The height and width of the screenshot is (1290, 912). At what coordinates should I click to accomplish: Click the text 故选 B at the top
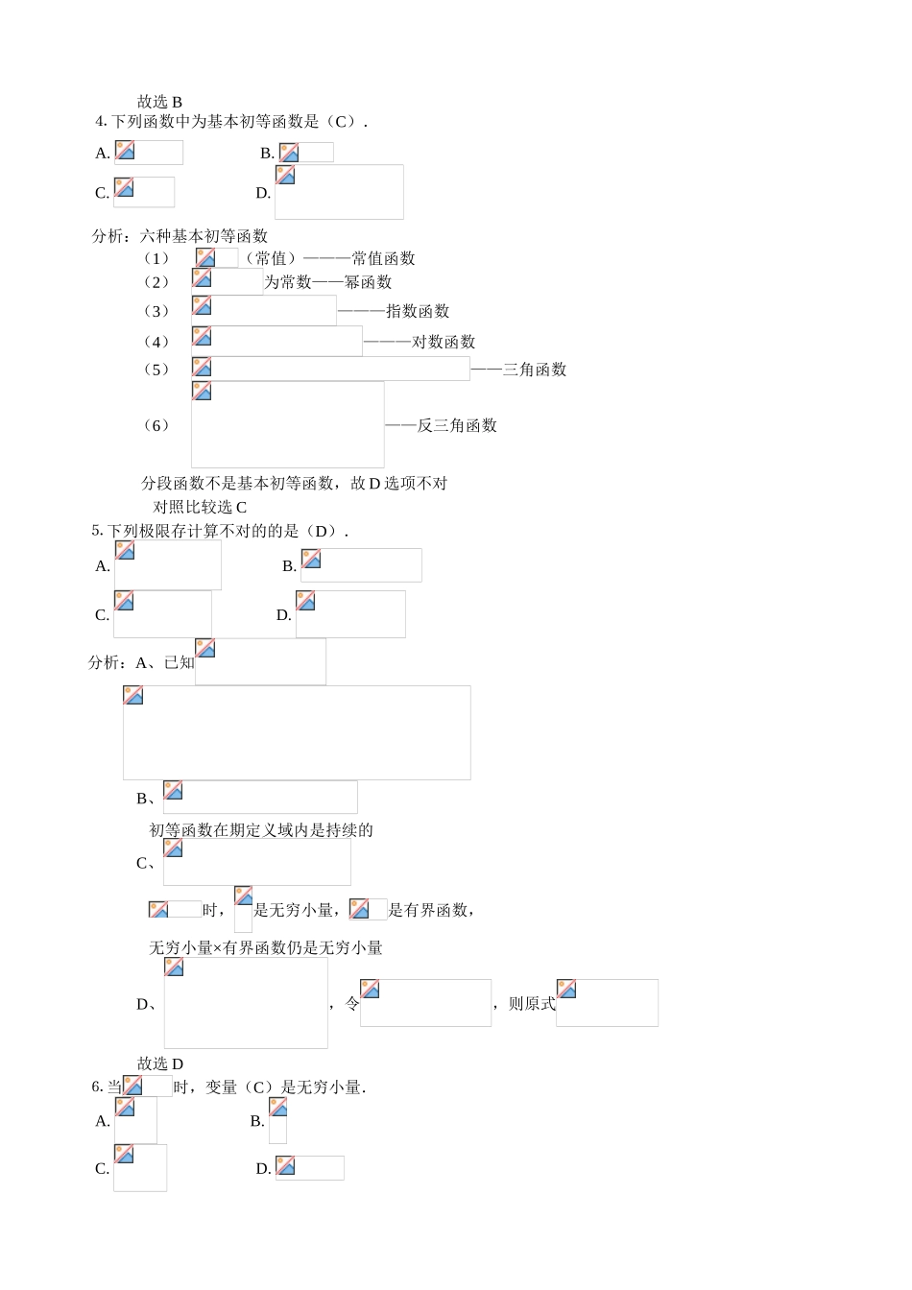coord(159,102)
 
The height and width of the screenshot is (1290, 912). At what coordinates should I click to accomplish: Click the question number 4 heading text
coord(230,122)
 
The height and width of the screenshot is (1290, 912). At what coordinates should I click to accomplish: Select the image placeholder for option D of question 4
coord(339,192)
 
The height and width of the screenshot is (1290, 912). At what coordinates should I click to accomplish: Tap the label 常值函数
coord(383,258)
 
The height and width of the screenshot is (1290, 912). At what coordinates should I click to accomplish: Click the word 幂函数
coord(369,282)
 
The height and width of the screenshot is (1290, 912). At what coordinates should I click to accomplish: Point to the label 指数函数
coord(418,311)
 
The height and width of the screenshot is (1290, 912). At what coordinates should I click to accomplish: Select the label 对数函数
coord(444,342)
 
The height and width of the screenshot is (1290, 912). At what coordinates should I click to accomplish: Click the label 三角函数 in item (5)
coord(535,370)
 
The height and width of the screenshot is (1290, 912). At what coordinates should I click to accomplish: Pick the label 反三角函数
coord(457,425)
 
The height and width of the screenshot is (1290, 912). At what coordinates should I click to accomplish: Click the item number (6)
coord(156,425)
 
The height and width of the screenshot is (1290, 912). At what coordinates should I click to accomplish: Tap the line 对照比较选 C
coord(200,507)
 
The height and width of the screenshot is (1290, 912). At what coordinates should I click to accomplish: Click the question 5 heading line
coord(220,531)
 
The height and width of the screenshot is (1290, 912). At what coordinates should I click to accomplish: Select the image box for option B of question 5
coord(361,565)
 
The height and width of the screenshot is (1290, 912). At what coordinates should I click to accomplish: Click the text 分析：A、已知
coord(141,662)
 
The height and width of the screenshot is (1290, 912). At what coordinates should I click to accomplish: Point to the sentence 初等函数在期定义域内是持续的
coord(261,830)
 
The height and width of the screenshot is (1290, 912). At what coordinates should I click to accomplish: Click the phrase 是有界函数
coord(429,910)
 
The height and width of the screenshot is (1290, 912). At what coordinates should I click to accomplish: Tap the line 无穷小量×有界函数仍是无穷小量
coord(266,948)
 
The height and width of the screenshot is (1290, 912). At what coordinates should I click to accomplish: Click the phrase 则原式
coord(532,1004)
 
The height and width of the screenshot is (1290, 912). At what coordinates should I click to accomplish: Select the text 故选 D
coord(160,1063)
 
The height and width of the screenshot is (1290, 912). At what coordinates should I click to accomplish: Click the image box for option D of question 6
coord(309,1167)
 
